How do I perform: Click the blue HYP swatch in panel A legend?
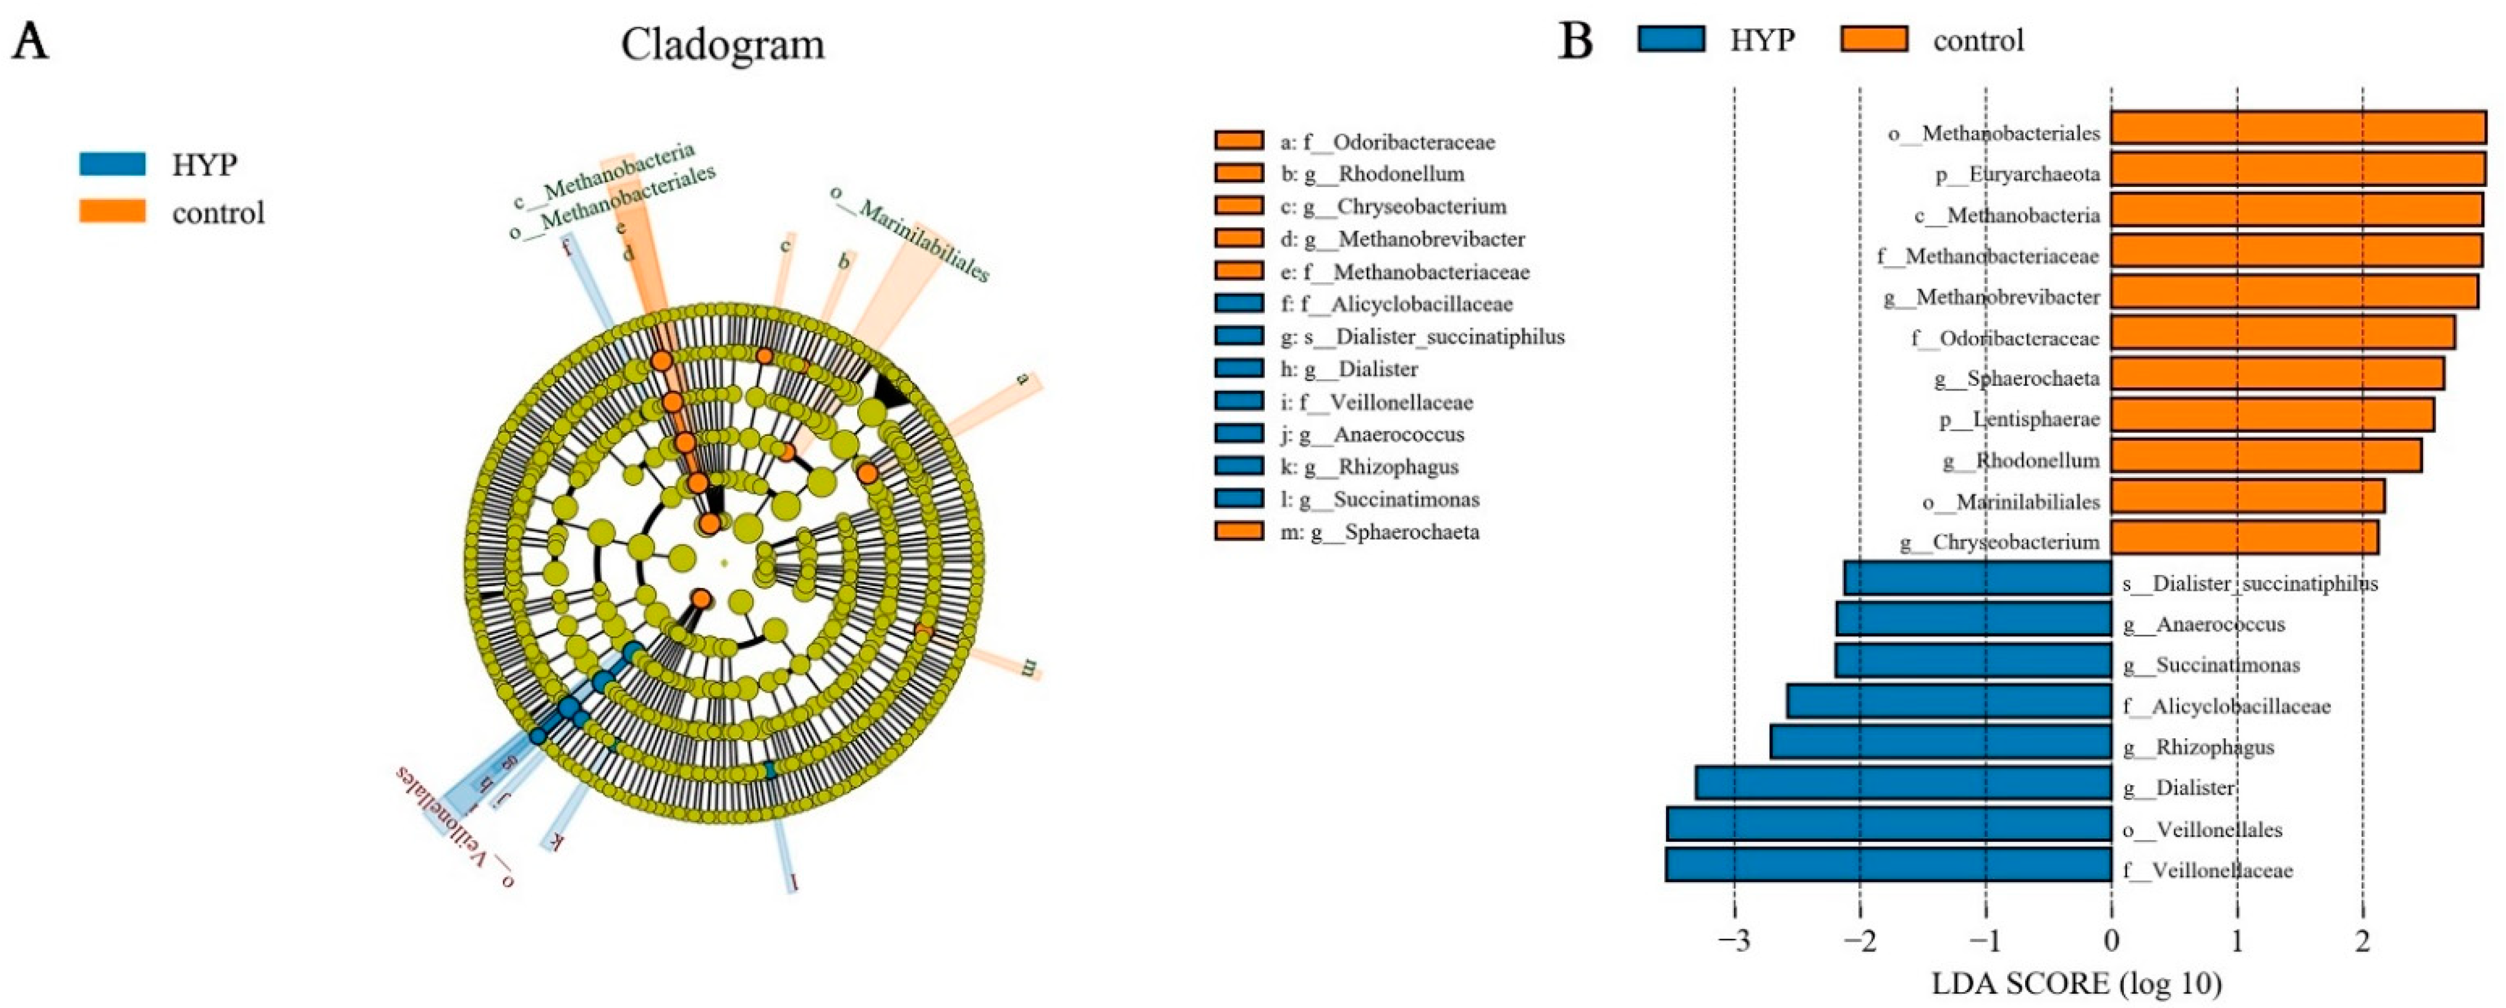pos(112,163)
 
